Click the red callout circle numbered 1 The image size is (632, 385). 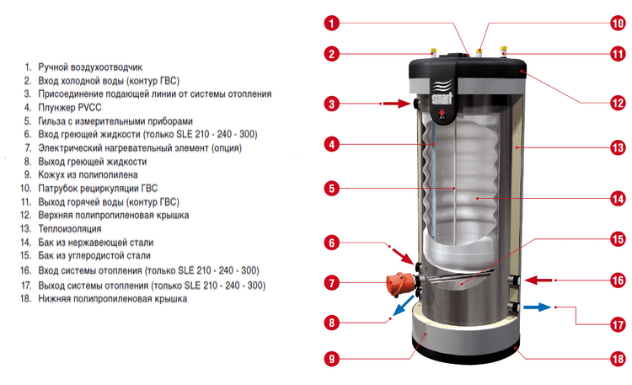pos(332,23)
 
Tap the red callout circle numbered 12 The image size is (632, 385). pos(618,103)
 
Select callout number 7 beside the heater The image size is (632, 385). pos(332,282)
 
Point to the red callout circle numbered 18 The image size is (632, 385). pos(618,359)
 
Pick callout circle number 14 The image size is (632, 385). pos(618,199)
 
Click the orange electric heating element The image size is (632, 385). pos(399,283)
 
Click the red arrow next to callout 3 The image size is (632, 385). pos(397,104)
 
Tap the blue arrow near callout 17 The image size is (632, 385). pos(537,307)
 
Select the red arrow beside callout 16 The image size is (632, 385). pos(538,280)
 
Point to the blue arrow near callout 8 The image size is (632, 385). pos(403,305)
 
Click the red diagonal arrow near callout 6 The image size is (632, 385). pos(403,256)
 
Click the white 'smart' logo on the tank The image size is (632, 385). pos(442,99)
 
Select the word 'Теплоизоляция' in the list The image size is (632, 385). pos(70,229)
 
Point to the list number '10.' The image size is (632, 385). pos(26,188)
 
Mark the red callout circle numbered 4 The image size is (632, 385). pos(332,144)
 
